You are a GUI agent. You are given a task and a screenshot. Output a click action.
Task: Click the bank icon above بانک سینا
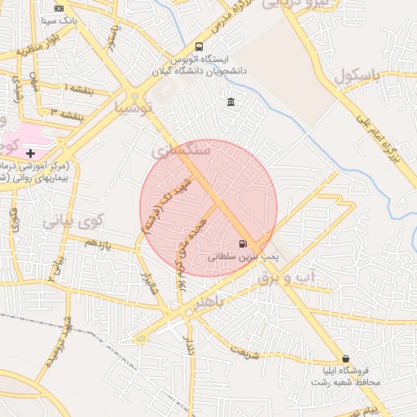click(59, 7)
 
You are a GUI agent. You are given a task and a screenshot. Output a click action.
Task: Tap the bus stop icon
click(200, 46)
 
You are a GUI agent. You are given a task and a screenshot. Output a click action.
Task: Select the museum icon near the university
click(231, 102)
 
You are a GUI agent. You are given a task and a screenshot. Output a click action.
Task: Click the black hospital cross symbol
click(31, 152)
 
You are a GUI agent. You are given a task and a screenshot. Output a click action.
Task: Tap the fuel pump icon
click(242, 244)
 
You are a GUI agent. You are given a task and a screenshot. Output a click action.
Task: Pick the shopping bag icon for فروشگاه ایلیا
click(346, 358)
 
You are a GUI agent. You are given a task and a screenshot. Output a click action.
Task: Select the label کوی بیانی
click(73, 220)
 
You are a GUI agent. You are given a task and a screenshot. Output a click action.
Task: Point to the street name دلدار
click(192, 339)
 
